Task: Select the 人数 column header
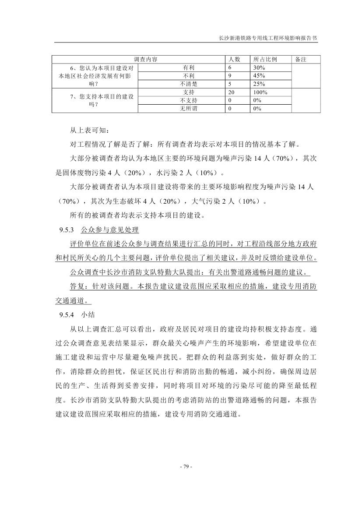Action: [235, 59]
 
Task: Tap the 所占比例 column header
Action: [266, 59]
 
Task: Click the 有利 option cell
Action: [189, 68]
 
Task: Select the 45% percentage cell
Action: [260, 76]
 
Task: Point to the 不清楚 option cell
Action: [189, 84]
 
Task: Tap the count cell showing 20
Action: [232, 92]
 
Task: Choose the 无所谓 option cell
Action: [189, 109]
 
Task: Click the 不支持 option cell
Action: [189, 100]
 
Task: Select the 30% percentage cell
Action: [260, 68]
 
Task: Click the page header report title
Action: [267, 38]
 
